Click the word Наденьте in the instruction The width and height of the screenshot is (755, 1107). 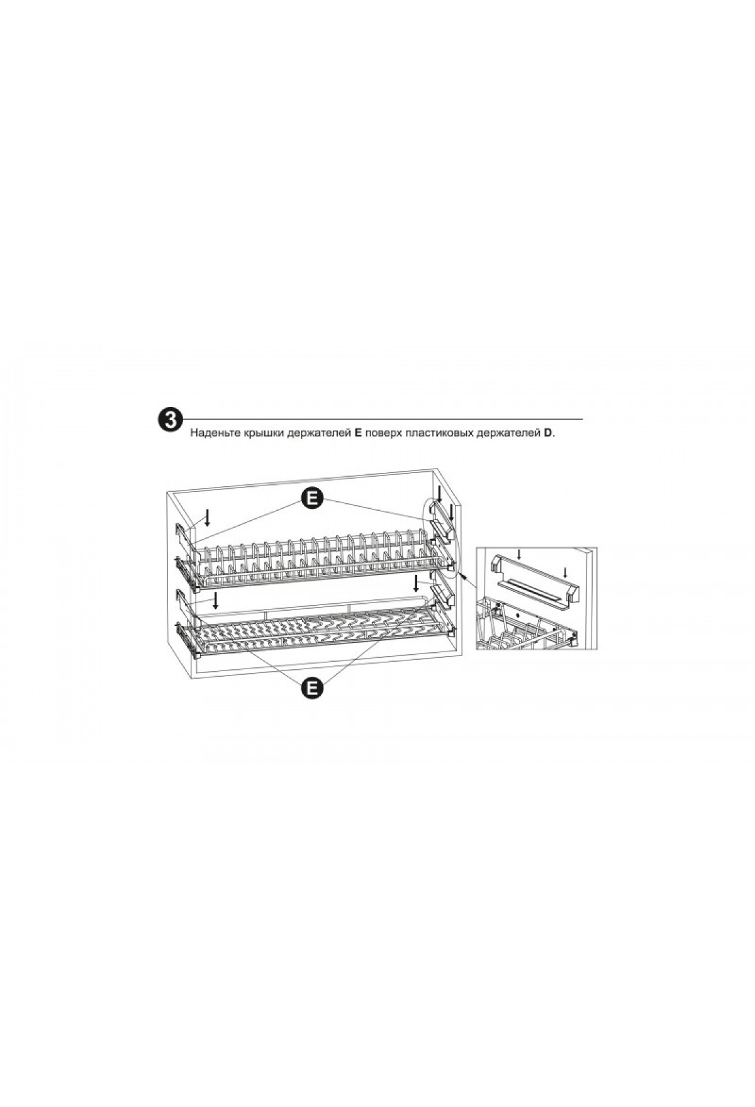click(x=215, y=434)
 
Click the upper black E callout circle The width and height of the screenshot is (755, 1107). click(x=311, y=499)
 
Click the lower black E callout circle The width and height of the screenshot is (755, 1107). click(x=311, y=687)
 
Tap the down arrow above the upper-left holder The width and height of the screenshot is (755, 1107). click(x=208, y=518)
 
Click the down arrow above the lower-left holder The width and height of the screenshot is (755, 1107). click(x=216, y=600)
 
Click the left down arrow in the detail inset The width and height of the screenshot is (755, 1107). click(x=518, y=554)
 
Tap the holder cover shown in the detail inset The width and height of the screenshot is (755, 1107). click(x=533, y=581)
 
